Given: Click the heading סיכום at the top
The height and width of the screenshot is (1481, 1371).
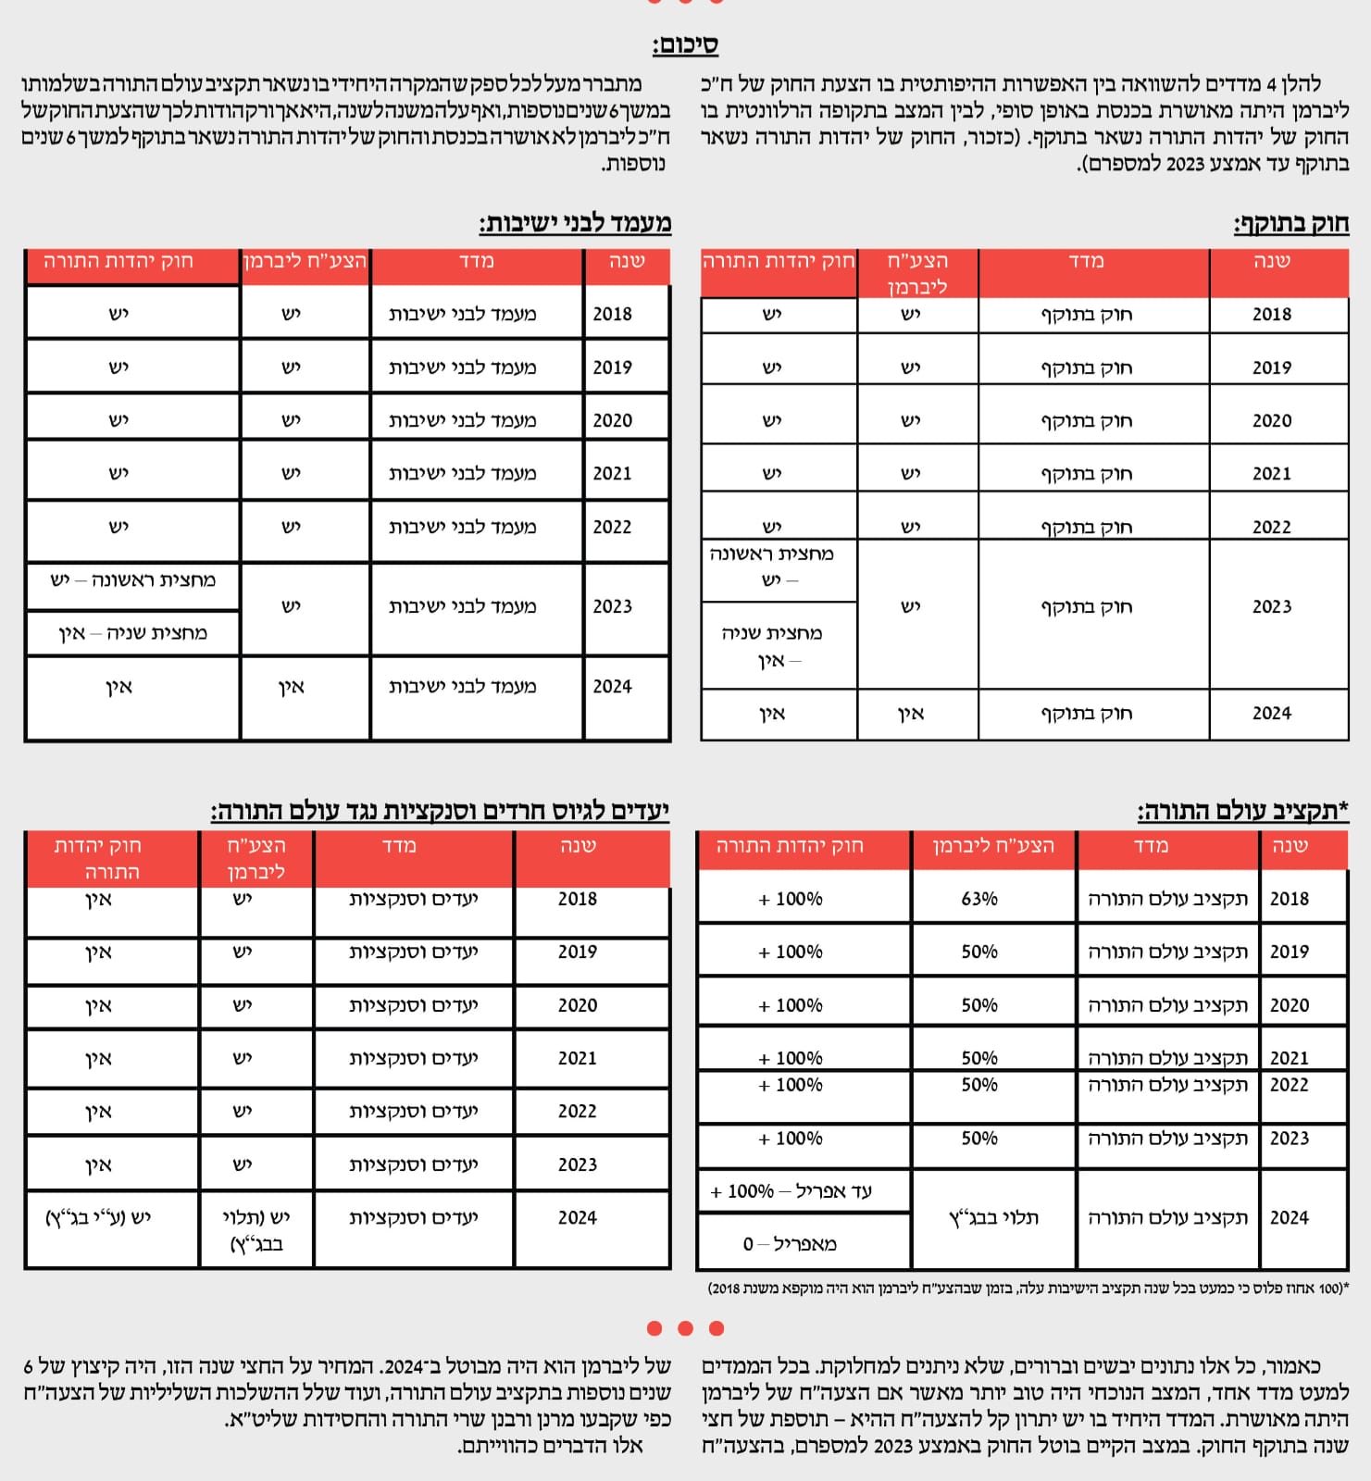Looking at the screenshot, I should pos(685,44).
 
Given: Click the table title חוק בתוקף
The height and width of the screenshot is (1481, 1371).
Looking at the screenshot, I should pos(1291,223).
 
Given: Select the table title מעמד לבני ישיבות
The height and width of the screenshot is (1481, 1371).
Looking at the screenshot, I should pos(575,223).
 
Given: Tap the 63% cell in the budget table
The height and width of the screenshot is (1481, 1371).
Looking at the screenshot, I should pos(979,899).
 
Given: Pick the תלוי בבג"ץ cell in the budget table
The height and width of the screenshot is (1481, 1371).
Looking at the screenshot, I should pos(993,1218).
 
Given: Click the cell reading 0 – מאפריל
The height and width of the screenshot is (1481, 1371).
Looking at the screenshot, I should pos(790,1244).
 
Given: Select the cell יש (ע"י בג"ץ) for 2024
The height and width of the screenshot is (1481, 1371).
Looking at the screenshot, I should pos(98,1218).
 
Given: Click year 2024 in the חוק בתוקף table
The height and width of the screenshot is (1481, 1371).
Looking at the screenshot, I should pos(1272,714).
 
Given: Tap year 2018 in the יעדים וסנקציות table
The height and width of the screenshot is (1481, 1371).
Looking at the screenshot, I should pos(578,899).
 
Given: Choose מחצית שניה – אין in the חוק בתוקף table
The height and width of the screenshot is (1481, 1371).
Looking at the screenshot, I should pos(772,646).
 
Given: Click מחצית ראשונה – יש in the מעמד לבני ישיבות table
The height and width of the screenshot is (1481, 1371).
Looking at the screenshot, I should pos(133,580).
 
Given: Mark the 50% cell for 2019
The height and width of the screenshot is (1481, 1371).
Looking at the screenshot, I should pos(979,952).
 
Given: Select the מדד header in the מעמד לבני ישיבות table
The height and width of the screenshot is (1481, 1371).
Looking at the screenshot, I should pos(477,262).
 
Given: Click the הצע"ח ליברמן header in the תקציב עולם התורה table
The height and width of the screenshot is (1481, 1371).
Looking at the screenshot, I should pos(993,846).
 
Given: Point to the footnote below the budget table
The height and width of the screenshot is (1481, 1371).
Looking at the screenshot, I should pos(1028,1288).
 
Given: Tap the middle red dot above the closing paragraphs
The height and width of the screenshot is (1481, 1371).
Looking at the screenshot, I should pos(686,1328).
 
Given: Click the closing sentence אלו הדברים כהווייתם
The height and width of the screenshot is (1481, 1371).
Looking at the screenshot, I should pos(550,1446).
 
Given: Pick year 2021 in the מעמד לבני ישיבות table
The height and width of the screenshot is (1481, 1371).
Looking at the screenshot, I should pos(613,474).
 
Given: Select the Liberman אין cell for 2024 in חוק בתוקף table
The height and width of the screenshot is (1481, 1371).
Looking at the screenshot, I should pos(911,714).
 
